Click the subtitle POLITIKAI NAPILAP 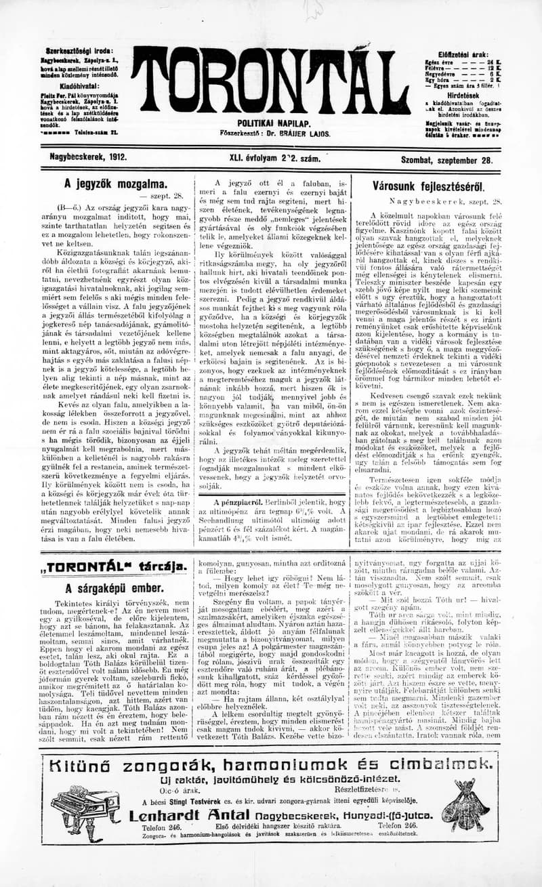point(274,123)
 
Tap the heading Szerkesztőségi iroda point(80,51)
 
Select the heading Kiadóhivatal point(79,86)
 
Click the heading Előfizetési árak point(464,53)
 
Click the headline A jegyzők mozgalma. point(115,184)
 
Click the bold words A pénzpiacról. point(238,502)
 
